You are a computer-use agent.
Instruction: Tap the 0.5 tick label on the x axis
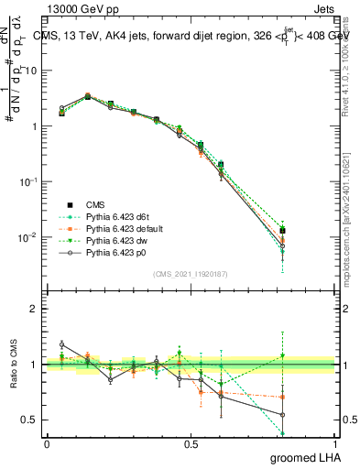click(191, 443)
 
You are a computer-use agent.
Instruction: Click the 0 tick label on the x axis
click(47, 443)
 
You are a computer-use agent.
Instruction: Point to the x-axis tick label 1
click(334, 443)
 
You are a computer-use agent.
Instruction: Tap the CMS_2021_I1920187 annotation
click(191, 274)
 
